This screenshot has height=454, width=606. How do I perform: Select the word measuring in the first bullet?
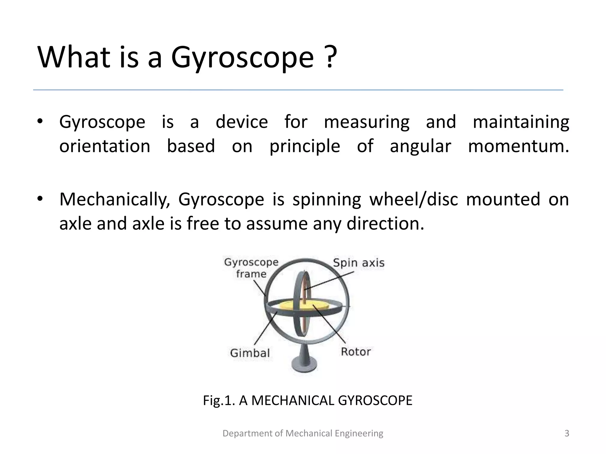367,122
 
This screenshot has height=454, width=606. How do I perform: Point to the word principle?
304,147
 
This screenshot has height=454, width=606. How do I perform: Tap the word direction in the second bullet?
385,224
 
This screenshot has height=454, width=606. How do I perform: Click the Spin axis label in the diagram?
359,263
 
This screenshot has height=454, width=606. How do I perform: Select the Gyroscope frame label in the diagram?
251,268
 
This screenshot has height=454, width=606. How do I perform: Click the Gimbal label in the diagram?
250,353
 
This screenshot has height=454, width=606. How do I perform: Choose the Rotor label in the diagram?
356,352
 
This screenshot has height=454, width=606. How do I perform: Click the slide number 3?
567,433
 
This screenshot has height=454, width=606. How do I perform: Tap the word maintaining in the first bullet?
521,122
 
